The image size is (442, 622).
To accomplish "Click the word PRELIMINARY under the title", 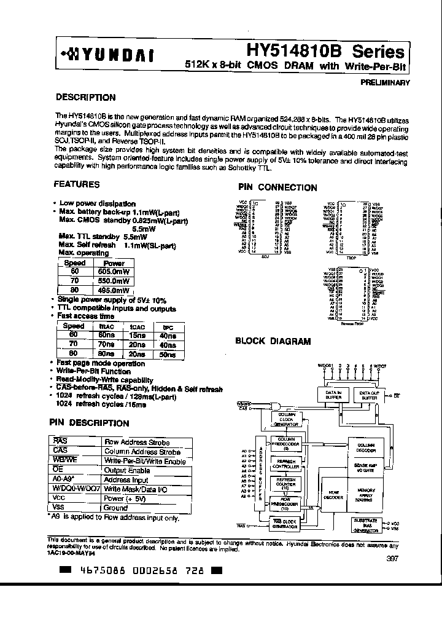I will (x=386, y=82).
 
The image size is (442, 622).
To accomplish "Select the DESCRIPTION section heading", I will (x=85, y=97).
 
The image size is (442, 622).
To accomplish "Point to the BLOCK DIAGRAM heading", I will (x=273, y=341).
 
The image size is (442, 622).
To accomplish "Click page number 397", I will (x=393, y=558).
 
